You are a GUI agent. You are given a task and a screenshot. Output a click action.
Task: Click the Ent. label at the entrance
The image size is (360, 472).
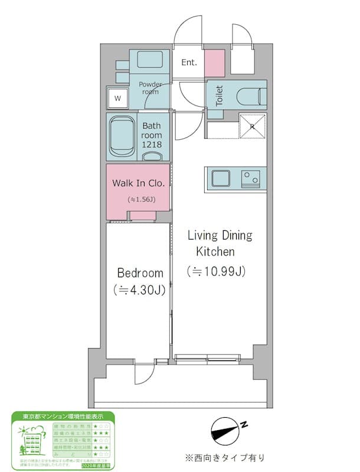189,63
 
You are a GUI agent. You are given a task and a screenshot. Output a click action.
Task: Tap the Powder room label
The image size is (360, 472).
150,88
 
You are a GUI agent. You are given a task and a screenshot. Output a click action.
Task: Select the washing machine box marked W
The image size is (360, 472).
118,98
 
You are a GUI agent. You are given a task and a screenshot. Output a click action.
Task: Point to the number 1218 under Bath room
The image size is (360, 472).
152,145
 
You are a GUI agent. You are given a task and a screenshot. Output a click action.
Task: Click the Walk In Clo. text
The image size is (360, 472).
138,182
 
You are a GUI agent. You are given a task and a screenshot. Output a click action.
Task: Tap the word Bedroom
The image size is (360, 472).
140,273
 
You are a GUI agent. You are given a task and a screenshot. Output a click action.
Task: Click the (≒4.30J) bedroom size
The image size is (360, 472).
140,290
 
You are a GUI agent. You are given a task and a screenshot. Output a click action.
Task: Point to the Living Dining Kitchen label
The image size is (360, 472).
220,243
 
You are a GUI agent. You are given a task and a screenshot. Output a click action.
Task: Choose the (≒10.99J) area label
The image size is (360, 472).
217,271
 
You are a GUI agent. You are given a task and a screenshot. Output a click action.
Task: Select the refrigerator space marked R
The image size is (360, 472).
252,125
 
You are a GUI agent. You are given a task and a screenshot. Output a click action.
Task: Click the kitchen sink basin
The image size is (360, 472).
223,178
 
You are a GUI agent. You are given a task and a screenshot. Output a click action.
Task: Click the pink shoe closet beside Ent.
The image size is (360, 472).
214,63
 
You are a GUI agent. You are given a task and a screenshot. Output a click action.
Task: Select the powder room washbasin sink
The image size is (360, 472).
150,61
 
